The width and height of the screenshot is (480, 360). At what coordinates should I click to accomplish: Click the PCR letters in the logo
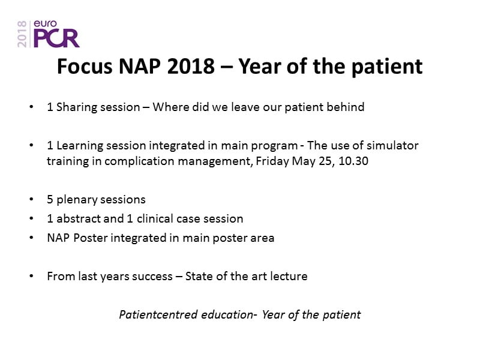point(56,38)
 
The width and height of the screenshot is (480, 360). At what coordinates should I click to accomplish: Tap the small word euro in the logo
point(45,23)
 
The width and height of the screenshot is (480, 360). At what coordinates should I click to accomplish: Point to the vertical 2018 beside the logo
point(22,34)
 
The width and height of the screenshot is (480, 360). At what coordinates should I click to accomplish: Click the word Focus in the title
point(85,66)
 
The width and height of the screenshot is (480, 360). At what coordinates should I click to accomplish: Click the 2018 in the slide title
point(191,66)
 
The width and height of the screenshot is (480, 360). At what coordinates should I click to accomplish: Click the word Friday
point(272,161)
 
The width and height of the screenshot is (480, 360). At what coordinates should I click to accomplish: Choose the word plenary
point(77,200)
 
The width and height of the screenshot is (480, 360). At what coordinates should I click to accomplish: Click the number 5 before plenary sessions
point(50,200)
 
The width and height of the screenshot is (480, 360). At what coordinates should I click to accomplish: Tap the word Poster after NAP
point(91,238)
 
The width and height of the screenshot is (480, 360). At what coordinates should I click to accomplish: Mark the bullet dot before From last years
point(31,276)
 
